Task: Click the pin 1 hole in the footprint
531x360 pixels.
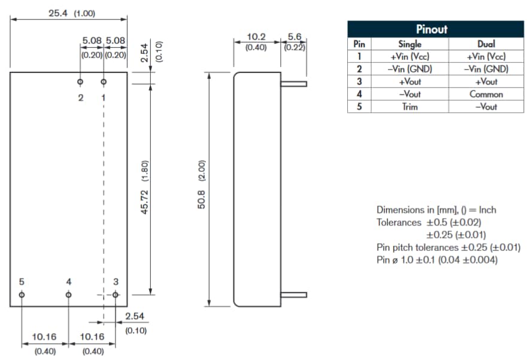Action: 104,81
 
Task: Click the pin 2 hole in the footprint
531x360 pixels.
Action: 80,81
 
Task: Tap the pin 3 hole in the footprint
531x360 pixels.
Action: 116,295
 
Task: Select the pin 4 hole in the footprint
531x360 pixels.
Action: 68,295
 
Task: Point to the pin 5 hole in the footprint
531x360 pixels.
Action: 22,295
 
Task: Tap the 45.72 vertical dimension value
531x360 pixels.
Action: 144,197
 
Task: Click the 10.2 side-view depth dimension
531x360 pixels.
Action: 256,37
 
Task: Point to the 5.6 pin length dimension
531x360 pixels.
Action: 294,37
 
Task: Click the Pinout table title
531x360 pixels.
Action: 431,29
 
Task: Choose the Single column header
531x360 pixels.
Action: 409,44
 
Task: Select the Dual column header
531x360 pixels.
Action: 486,44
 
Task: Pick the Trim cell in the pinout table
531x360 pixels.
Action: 409,107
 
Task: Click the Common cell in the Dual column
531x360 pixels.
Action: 486,94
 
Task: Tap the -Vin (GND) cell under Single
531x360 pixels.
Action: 409,69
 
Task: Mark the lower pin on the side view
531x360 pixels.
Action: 294,295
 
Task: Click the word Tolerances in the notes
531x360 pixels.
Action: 399,222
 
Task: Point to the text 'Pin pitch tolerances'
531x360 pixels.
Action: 417,247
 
